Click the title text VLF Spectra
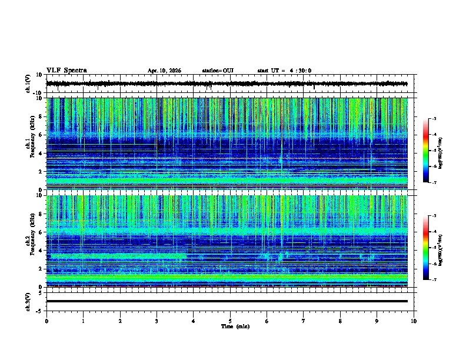66,71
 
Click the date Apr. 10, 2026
164,71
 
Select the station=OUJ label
218,71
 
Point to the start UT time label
284,71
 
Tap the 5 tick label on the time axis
231,321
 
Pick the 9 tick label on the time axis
377,321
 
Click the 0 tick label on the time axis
46,321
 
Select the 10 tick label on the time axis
414,321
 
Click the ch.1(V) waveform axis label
28,84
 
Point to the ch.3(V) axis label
28,301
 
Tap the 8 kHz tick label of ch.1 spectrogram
41,116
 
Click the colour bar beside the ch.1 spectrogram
426,151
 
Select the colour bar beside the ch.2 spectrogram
426,248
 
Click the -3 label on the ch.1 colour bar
433,119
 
